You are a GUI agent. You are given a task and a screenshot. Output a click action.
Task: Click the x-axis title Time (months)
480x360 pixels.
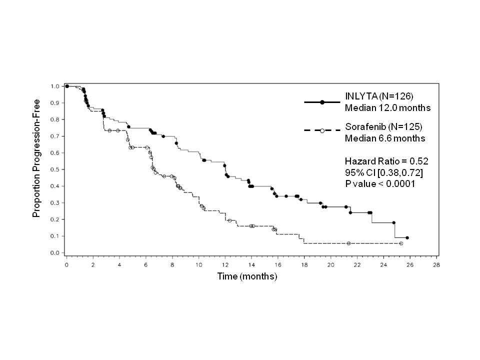247,276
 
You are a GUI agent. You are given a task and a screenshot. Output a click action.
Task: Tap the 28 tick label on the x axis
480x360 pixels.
436,265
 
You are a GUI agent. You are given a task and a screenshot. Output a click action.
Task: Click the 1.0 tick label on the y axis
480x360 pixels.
54,86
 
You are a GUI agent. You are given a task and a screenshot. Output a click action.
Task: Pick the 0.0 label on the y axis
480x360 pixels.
54,253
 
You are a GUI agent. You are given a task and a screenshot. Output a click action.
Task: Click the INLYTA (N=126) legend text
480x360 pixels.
377,96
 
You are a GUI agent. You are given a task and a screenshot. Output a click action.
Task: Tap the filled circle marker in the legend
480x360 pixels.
322,102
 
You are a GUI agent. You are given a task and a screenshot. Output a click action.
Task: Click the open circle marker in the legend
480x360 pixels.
322,131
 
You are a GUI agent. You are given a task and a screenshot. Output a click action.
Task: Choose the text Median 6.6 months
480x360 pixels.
385,138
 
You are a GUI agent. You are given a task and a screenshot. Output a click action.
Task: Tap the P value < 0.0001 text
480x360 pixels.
380,183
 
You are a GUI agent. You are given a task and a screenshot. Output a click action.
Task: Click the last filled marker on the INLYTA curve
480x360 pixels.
407,238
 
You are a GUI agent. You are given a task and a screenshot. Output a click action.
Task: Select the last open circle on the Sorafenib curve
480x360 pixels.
401,243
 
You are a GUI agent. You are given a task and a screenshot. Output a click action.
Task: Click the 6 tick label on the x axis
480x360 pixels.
145,265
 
